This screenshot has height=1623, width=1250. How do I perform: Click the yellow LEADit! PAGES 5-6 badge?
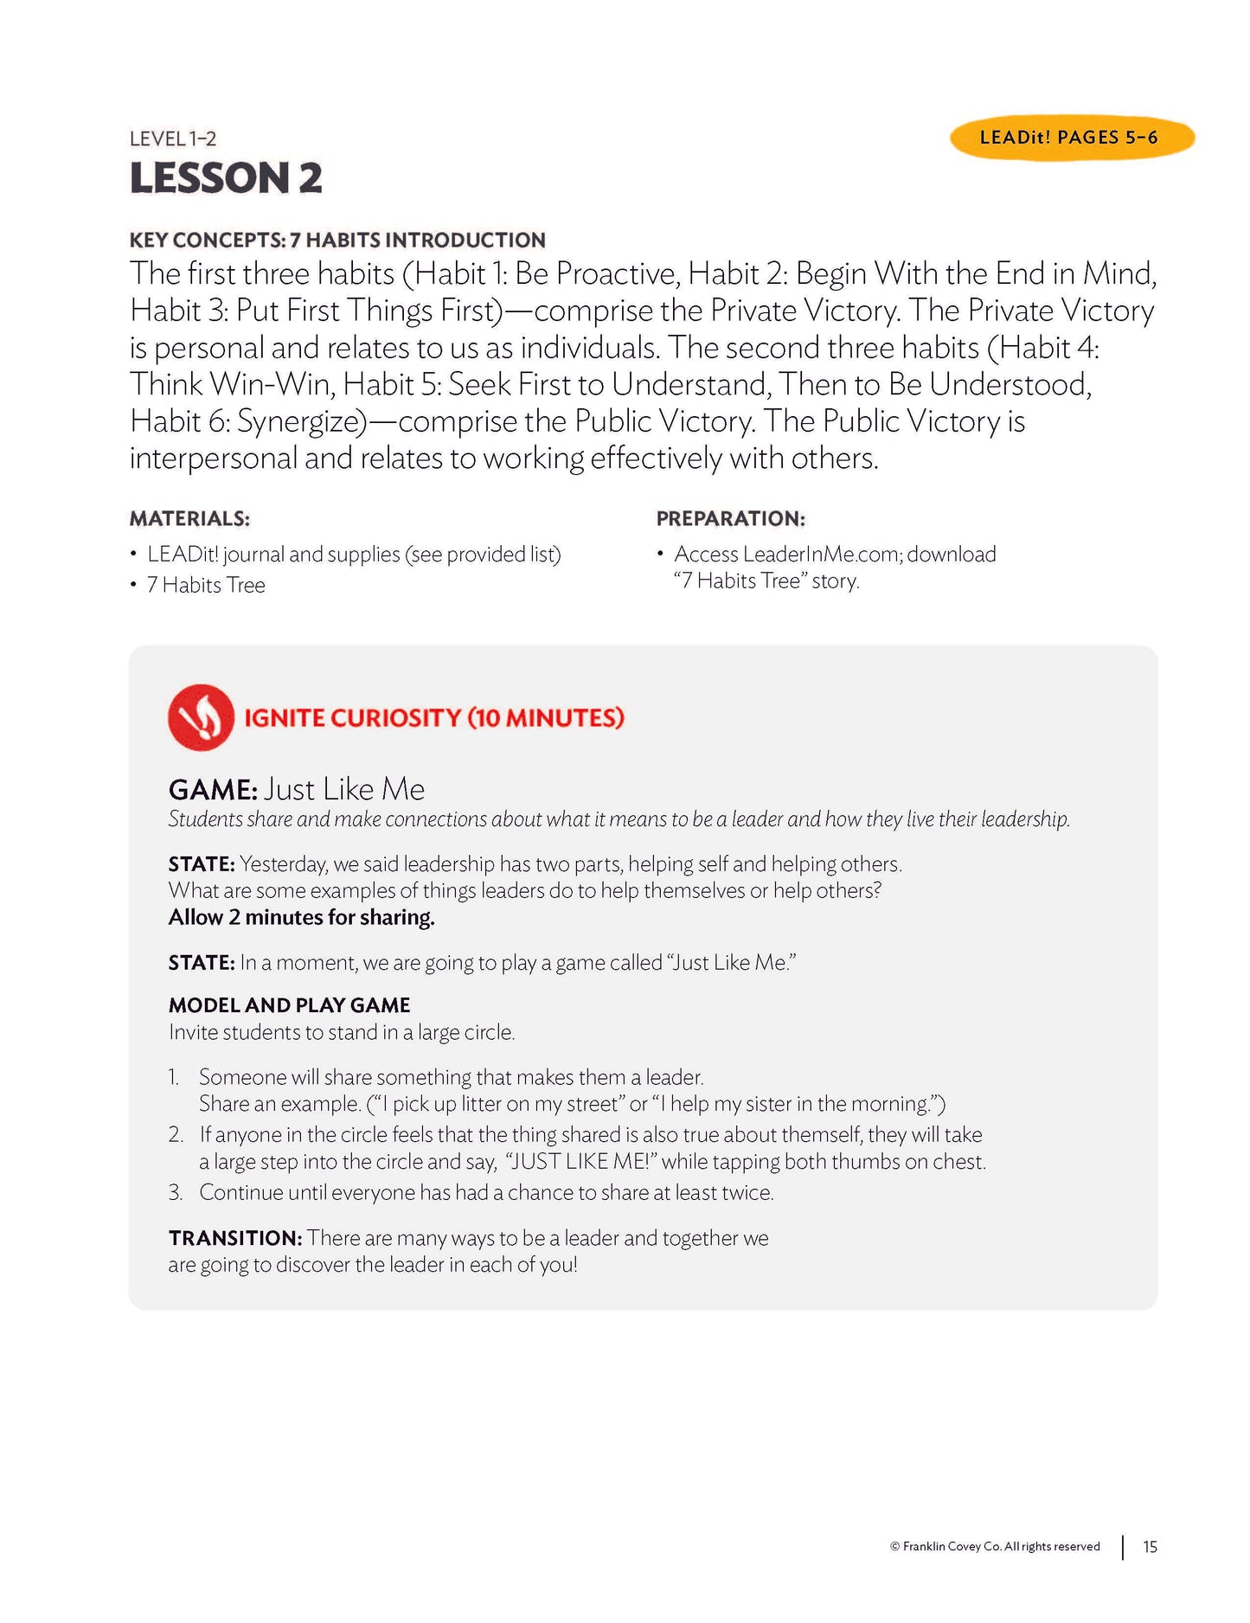[1071, 138]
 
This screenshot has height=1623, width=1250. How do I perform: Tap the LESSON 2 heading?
[226, 178]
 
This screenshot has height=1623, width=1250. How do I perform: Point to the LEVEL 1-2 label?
[173, 138]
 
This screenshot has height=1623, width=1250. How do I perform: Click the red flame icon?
[201, 717]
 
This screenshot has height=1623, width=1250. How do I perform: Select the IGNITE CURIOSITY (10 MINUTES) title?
[433, 718]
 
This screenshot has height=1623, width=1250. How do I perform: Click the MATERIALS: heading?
[189, 519]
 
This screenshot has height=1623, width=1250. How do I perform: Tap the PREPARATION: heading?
[730, 519]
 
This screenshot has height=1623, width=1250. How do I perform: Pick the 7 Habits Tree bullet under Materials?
[205, 586]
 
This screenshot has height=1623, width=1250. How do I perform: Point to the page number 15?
[1150, 1547]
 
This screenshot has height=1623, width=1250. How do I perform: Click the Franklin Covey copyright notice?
[995, 1547]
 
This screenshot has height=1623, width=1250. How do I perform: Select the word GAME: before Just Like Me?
[213, 790]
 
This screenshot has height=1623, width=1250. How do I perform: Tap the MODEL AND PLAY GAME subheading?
[289, 1005]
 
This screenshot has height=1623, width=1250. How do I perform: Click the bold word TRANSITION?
[235, 1239]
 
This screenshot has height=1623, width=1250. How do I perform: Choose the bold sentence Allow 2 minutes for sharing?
[301, 918]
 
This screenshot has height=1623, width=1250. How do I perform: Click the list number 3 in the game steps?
[176, 1193]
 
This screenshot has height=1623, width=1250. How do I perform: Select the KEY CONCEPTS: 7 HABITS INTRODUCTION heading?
[337, 241]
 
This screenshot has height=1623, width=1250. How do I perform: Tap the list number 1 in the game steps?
[174, 1078]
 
